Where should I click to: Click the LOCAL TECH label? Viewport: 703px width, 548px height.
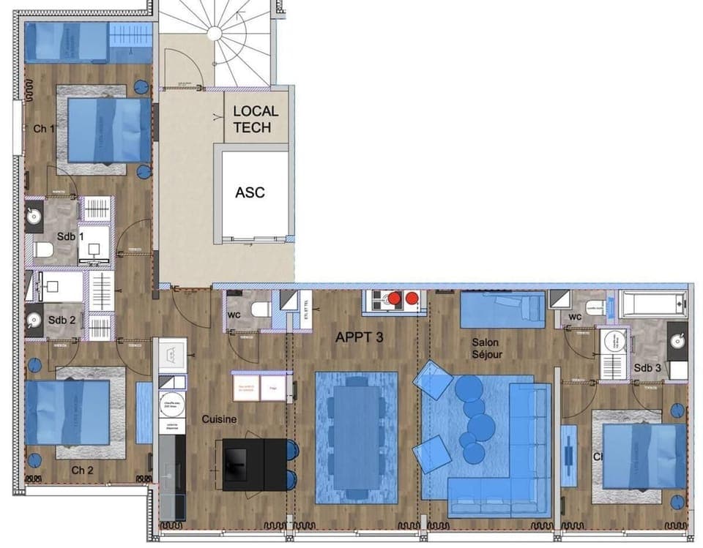pyautogui.click(x=256, y=119)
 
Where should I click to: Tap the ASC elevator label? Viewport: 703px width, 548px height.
pyautogui.click(x=250, y=193)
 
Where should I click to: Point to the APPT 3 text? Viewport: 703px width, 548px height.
pyautogui.click(x=360, y=338)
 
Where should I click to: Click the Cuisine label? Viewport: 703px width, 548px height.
pyautogui.click(x=220, y=419)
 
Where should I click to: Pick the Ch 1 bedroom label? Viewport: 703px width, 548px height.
pyautogui.click(x=45, y=129)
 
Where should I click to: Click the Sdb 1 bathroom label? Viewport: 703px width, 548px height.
pyautogui.click(x=71, y=237)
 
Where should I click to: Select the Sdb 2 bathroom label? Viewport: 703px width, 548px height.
pyautogui.click(x=62, y=320)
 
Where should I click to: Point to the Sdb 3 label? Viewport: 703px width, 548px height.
pyautogui.click(x=648, y=367)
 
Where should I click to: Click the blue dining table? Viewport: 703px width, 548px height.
pyautogui.click(x=356, y=438)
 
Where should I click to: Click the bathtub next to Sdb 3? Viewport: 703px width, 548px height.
pyautogui.click(x=652, y=303)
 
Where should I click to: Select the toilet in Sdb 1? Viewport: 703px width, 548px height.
pyautogui.click(x=43, y=251)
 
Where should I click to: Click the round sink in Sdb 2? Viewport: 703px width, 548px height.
pyautogui.click(x=34, y=320)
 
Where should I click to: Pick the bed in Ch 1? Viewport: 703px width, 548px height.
pyautogui.click(x=109, y=130)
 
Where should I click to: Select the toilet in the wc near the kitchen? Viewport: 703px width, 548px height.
pyautogui.click(x=260, y=310)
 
